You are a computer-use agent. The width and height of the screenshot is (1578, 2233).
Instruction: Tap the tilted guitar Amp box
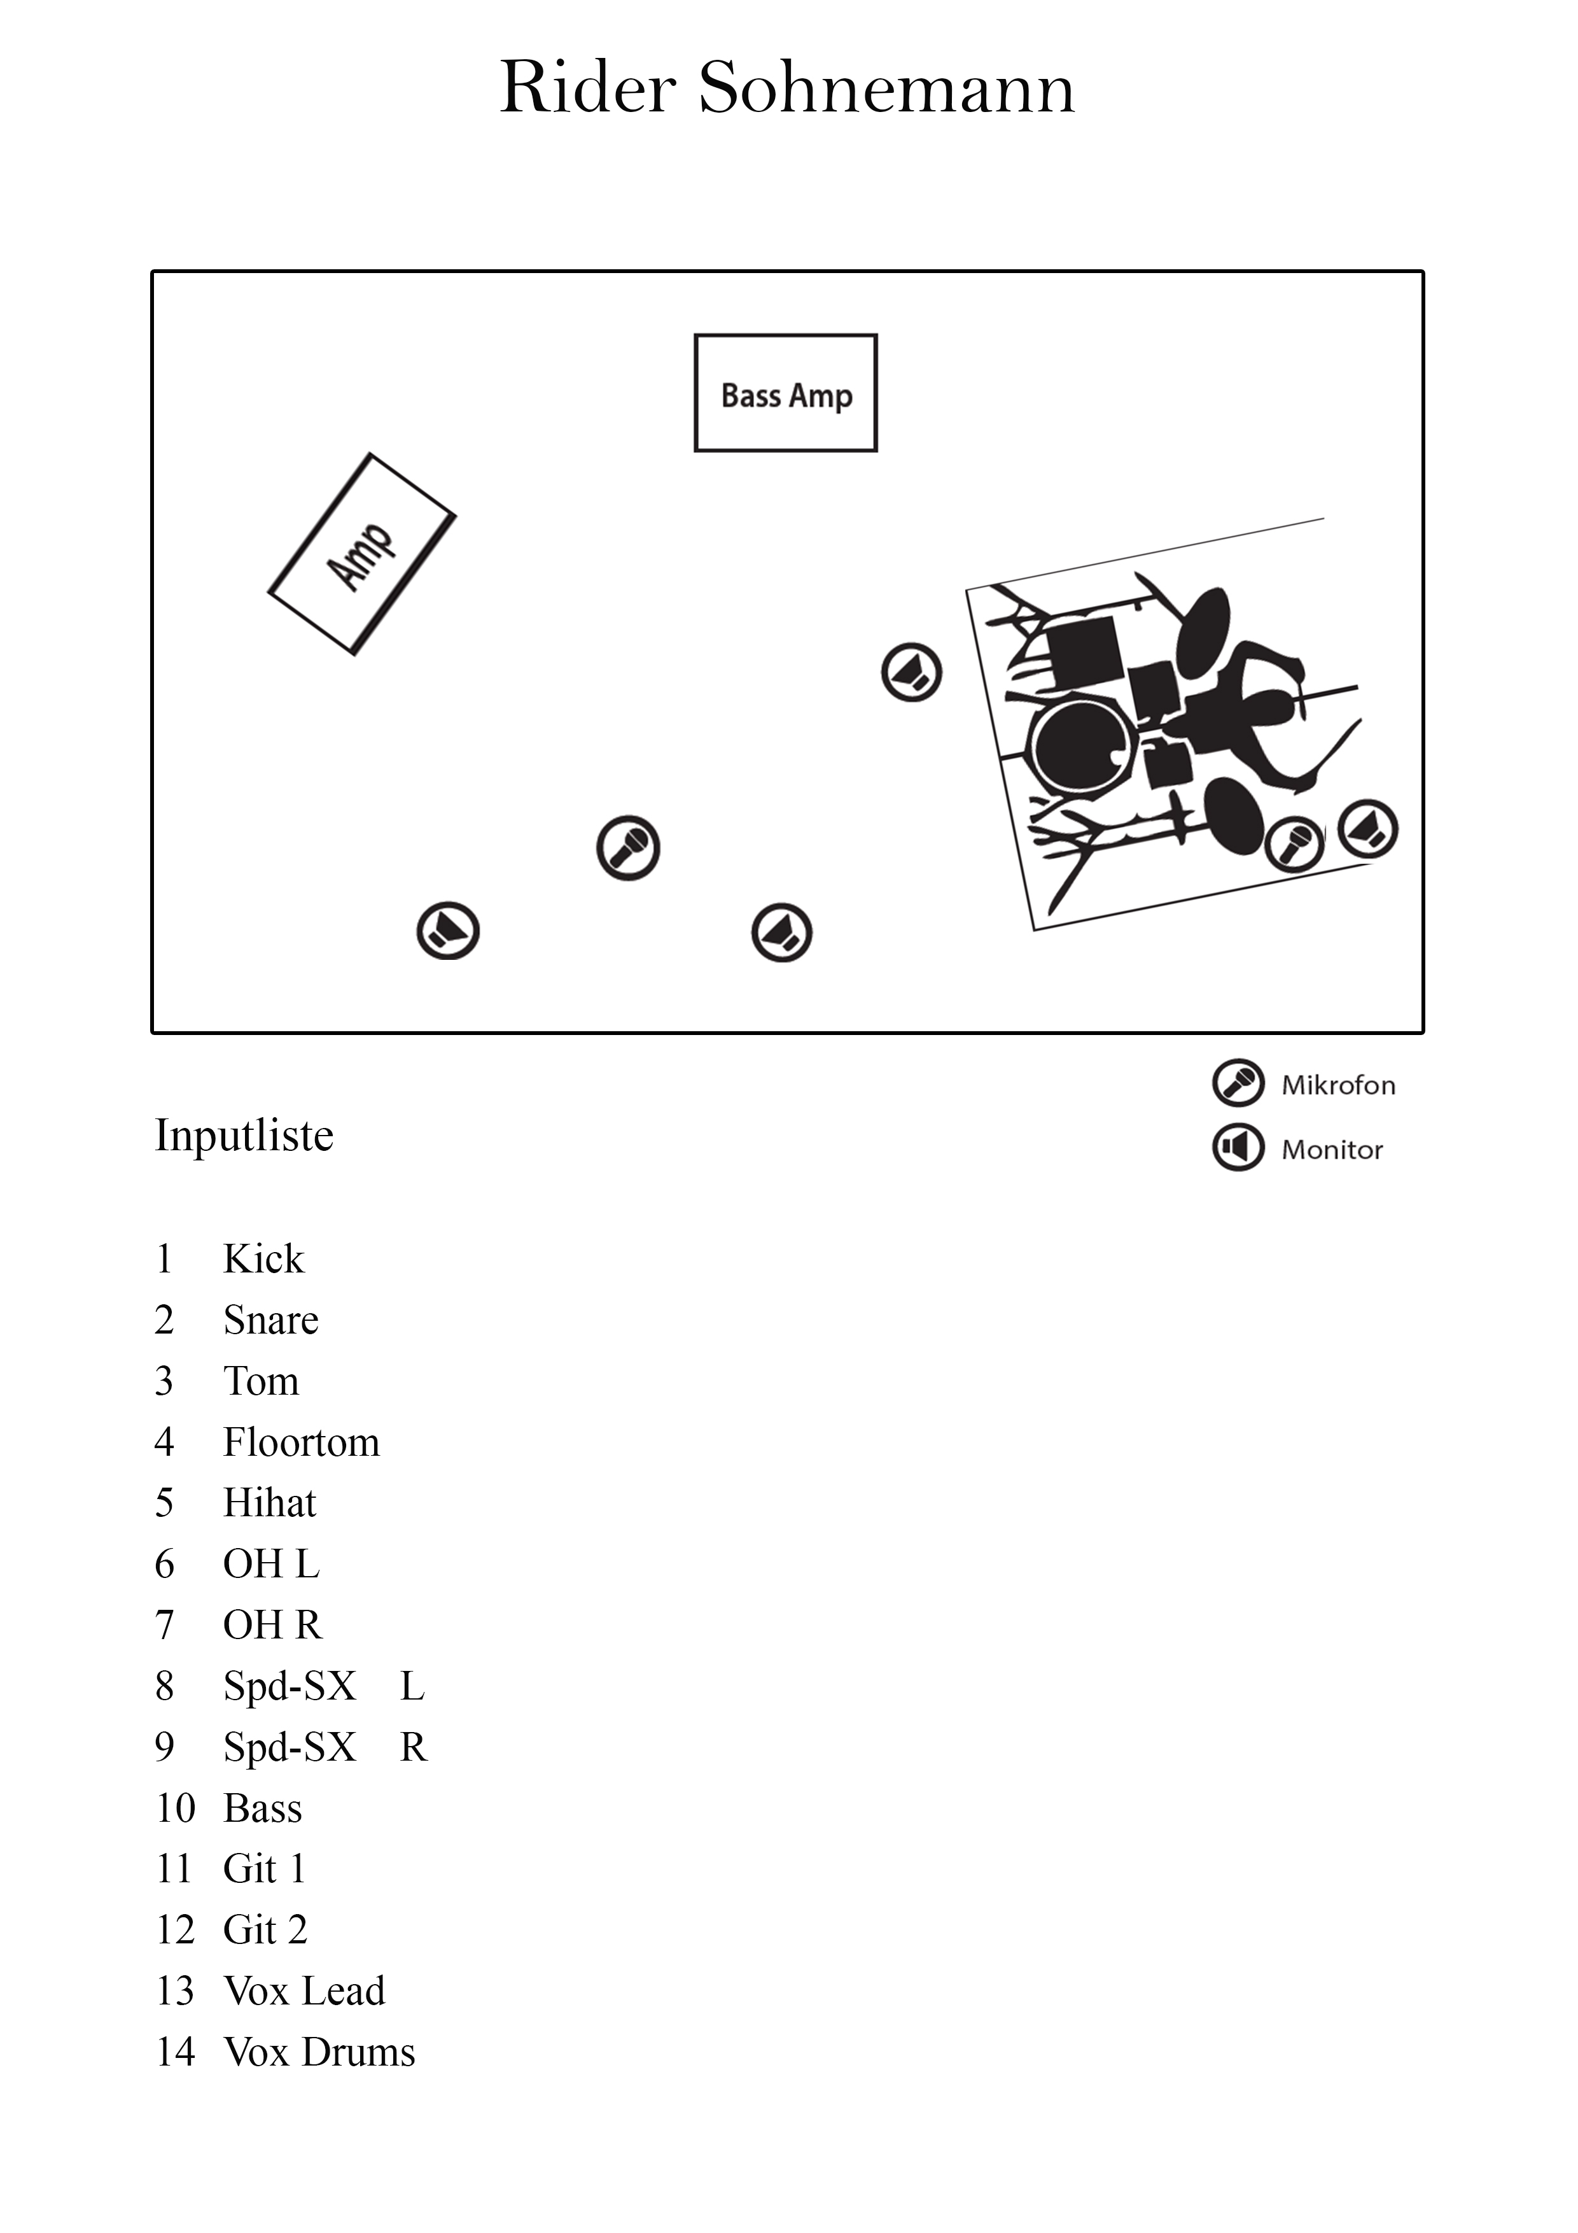pyautogui.click(x=361, y=554)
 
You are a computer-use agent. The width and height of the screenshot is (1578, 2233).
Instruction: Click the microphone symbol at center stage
pyautogui.click(x=628, y=848)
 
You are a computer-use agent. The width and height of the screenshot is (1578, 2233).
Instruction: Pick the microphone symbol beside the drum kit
pyautogui.click(x=1294, y=843)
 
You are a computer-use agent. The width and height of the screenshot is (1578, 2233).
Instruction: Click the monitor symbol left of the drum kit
pyautogui.click(x=911, y=672)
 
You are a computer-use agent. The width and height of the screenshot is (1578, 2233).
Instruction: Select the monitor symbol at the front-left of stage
pyautogui.click(x=448, y=931)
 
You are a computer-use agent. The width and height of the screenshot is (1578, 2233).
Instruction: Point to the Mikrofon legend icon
pyautogui.click(x=1238, y=1083)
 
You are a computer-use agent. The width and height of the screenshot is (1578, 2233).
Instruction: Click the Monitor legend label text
pyautogui.click(x=1331, y=1150)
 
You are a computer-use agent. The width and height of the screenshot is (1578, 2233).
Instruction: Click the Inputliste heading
pyautogui.click(x=244, y=1135)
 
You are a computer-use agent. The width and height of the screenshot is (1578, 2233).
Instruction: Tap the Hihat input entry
pyautogui.click(x=269, y=1504)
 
